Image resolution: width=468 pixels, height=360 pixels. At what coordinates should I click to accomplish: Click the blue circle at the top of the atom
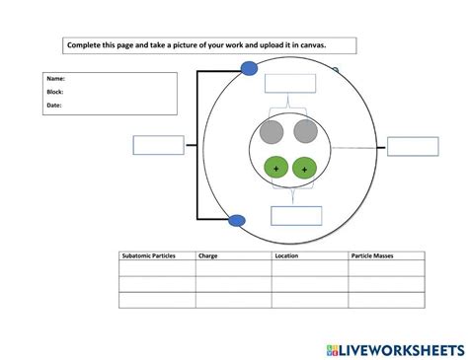click(x=250, y=69)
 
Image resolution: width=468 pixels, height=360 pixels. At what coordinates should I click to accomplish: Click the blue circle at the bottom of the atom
click(x=237, y=220)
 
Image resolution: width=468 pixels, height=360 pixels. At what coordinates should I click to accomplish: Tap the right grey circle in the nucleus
click(x=305, y=133)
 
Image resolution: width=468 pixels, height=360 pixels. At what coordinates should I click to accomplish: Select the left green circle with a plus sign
click(x=275, y=170)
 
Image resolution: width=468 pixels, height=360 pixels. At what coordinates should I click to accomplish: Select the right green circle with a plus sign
click(x=304, y=170)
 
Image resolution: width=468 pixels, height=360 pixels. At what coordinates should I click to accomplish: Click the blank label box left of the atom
click(x=158, y=145)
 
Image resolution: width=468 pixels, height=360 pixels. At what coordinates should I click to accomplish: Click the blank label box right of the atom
click(x=413, y=147)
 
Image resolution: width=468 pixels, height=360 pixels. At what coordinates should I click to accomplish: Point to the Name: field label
click(x=55, y=78)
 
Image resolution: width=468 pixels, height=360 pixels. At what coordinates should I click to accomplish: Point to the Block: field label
click(x=55, y=92)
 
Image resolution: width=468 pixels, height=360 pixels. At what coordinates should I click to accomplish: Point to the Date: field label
click(x=54, y=106)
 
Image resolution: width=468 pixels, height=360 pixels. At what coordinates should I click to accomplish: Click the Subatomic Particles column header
click(x=148, y=255)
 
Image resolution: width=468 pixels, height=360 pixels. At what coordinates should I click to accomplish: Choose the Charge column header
click(x=208, y=255)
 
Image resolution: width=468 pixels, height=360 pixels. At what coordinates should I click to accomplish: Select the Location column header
click(x=288, y=255)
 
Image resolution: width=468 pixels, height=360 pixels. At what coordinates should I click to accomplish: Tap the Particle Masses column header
click(x=371, y=255)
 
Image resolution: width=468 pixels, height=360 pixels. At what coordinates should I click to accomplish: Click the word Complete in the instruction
click(x=84, y=45)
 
